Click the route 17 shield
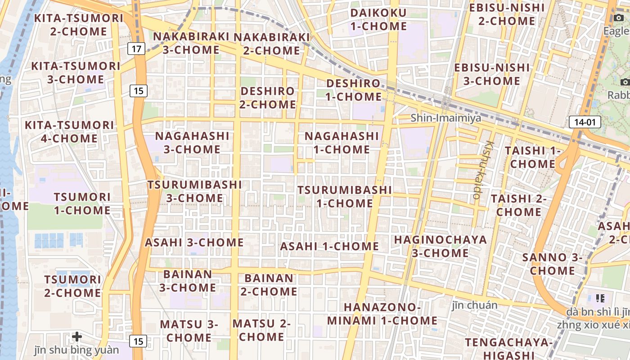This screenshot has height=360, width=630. [136, 48]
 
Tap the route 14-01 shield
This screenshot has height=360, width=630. [585, 121]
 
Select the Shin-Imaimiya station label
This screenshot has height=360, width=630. [445, 118]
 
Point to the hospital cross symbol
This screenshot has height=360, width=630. [77, 336]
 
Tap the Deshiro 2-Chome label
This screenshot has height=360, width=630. [268, 98]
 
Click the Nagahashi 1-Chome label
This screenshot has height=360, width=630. [342, 142]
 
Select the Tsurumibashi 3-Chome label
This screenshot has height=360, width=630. [194, 191]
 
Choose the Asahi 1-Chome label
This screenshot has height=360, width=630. [329, 246]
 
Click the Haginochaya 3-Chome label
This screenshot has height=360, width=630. [441, 246]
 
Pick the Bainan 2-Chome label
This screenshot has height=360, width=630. [269, 285]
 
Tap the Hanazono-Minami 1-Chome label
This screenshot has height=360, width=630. [382, 314]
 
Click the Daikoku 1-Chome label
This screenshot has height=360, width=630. [378, 19]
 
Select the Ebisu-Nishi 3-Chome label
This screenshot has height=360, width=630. [492, 74]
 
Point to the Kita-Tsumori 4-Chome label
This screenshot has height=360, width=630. [69, 131]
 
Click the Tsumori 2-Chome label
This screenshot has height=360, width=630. [72, 286]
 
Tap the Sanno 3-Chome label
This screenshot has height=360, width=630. [552, 264]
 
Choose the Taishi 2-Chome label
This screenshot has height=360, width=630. [518, 205]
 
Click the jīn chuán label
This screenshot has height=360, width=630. [475, 305]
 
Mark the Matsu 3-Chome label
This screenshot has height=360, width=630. [189, 330]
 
